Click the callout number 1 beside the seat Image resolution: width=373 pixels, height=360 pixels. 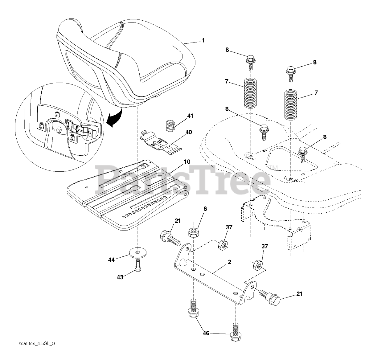(203, 40)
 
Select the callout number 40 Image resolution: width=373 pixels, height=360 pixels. (189, 132)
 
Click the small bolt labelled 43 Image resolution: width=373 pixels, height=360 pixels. (138, 265)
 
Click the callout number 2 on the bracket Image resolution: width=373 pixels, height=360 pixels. (229, 262)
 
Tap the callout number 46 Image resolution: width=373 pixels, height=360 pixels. (206, 333)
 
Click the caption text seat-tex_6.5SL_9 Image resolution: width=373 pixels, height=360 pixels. (36, 344)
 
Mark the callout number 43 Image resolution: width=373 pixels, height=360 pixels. (120, 277)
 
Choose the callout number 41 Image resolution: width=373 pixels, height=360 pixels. (190, 116)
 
